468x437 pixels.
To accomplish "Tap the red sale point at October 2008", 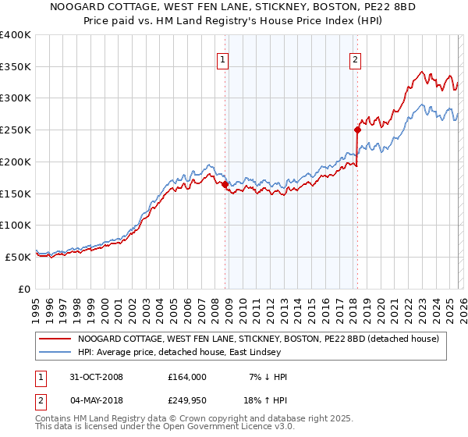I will point(225,185).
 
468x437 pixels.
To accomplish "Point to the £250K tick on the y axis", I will point(16,130).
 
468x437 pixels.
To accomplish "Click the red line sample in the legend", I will point(55,339).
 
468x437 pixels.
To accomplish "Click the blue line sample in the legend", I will point(55,352).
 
